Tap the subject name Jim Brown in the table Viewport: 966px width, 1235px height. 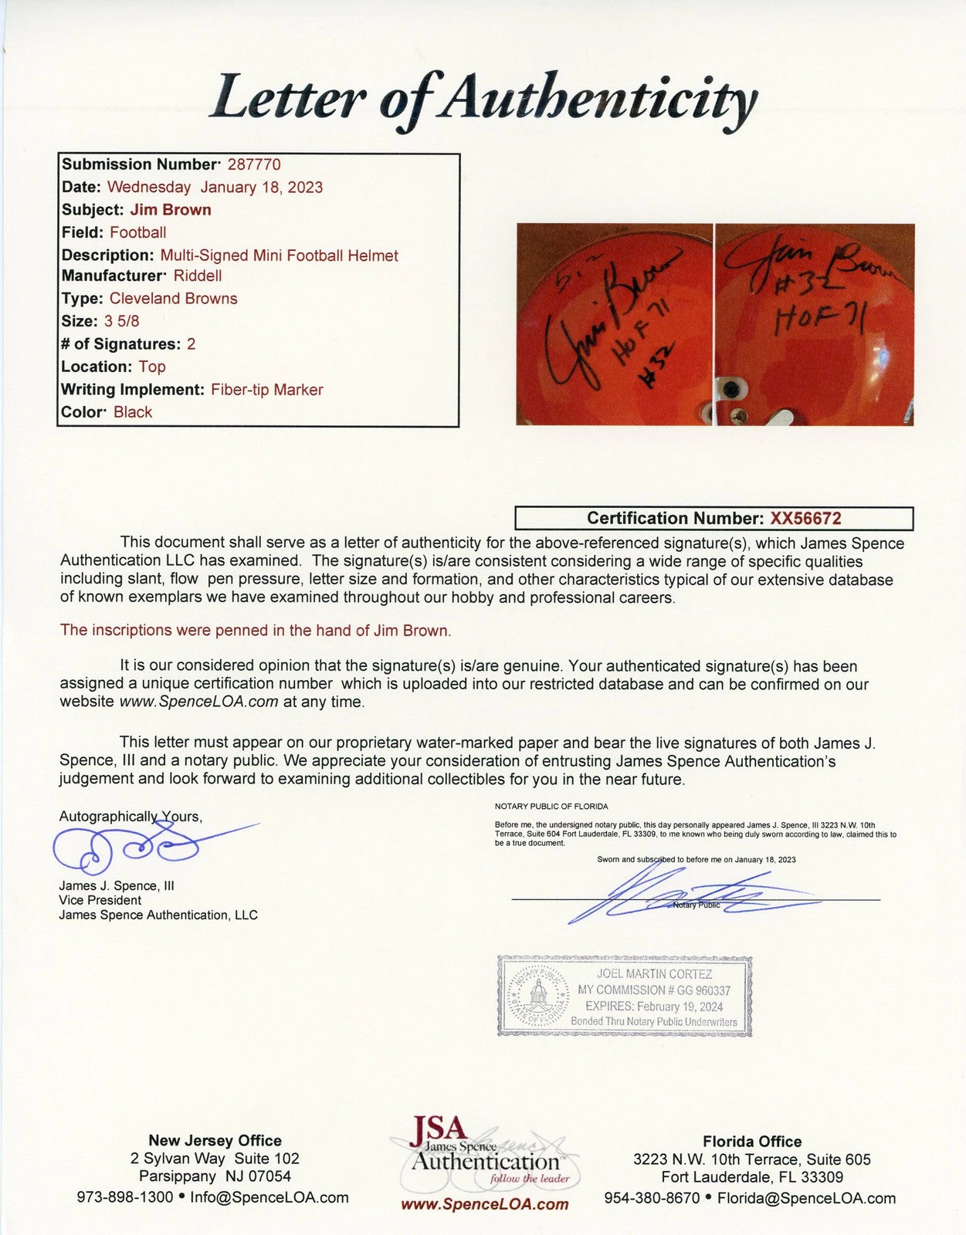click(x=170, y=210)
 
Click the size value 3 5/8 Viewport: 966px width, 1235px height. click(x=121, y=321)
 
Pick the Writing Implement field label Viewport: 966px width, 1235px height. click(x=133, y=390)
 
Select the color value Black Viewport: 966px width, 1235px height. click(x=133, y=412)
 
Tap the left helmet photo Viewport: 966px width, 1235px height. click(x=614, y=324)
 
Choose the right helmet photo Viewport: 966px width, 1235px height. click(x=815, y=324)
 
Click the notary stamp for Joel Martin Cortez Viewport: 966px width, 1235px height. click(x=624, y=996)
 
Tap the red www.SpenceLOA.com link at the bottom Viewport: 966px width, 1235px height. click(x=484, y=1204)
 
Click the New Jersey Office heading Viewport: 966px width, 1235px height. click(x=215, y=1141)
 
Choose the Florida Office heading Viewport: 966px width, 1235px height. click(x=752, y=1142)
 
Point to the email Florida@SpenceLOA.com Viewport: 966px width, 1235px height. click(x=806, y=1199)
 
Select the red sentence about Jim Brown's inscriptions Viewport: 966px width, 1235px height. click(x=256, y=631)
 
